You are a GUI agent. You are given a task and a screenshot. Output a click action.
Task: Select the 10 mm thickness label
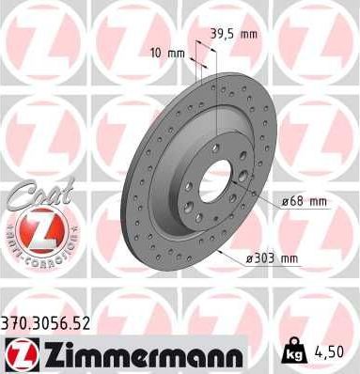coord(166,54)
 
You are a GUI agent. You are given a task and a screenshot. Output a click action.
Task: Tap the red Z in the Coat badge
coord(35,227)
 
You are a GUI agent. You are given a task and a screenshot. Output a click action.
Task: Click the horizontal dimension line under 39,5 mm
coord(209,46)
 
